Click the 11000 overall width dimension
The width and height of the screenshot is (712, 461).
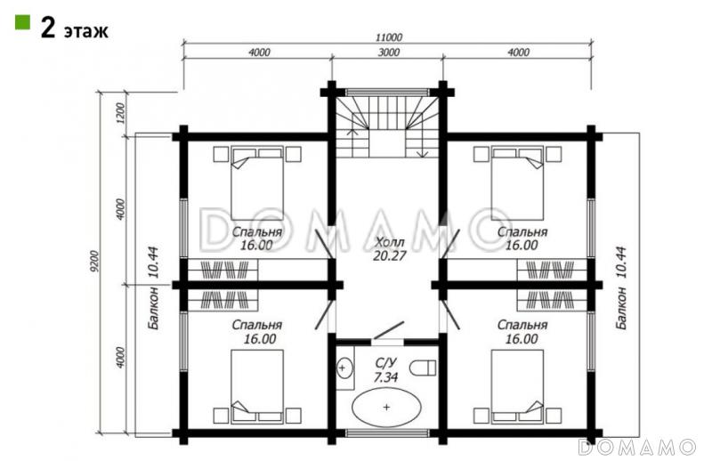tap(389, 36)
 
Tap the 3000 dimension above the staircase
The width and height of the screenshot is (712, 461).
tap(389, 52)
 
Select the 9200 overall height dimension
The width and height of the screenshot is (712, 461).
tap(94, 262)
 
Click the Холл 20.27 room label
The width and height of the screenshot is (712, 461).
tap(389, 248)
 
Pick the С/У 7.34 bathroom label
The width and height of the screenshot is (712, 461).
tap(386, 369)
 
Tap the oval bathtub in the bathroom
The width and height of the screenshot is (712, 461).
tap(386, 407)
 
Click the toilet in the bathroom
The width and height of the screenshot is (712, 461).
tap(423, 368)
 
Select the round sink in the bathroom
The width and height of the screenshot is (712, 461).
tap(344, 367)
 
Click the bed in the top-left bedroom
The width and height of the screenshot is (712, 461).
tap(257, 183)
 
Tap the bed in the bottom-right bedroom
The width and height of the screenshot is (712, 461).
tap(518, 386)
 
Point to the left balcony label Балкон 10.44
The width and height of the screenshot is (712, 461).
tap(152, 288)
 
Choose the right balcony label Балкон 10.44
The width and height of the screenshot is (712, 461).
tap(620, 288)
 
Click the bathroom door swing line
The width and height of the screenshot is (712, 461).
tap(388, 330)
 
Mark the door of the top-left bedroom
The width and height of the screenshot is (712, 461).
tap(326, 245)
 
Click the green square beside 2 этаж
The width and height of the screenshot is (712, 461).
tap(22, 21)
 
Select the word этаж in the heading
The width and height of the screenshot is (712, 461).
tap(85, 31)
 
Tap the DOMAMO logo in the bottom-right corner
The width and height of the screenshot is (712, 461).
tap(636, 447)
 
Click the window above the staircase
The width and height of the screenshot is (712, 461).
tap(387, 92)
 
